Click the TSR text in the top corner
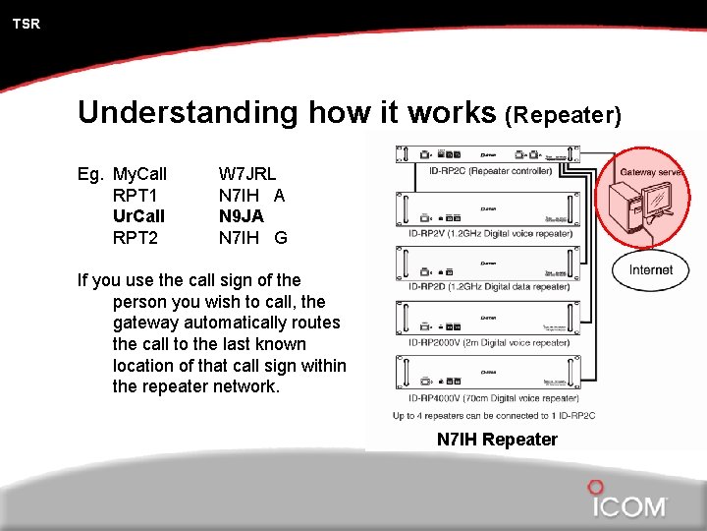coord(27,24)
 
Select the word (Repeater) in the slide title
coord(563,115)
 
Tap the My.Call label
coord(139,174)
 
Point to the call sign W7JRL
coord(246,174)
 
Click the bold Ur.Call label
coord(138,215)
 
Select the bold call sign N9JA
coord(241,215)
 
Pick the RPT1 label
coord(136,195)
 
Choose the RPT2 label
coord(136,236)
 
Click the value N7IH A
coord(251,195)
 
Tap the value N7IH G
coord(252,236)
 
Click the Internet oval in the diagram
coord(651,269)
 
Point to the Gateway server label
coord(651,172)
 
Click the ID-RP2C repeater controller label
coord(496,171)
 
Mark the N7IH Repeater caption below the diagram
coord(497,440)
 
